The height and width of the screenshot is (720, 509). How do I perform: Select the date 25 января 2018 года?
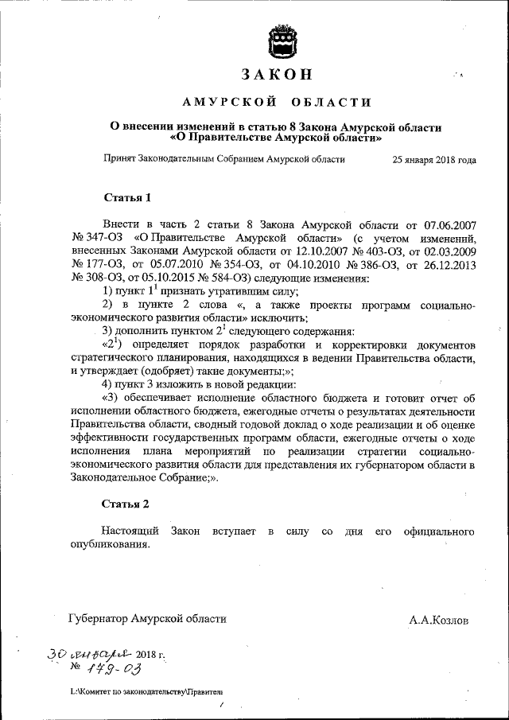434,159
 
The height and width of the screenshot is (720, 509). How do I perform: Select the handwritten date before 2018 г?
87,654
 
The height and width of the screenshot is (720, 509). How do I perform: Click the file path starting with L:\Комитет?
146,693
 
